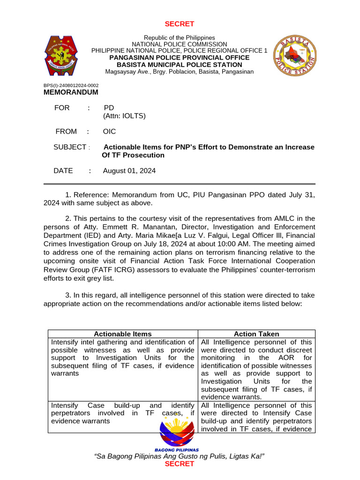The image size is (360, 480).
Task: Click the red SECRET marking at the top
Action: (180, 24)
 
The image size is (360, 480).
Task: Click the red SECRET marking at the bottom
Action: (180, 464)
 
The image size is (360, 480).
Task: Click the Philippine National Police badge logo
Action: (66, 55)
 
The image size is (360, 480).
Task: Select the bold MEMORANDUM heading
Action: (71, 92)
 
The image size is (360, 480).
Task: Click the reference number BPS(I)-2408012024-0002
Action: (71, 85)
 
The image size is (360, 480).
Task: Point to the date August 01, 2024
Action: (129, 171)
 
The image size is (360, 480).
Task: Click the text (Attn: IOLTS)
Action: (124, 116)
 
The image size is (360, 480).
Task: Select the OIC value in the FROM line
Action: (109, 131)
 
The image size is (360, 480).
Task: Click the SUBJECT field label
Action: (70, 147)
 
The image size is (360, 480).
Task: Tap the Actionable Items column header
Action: (123, 334)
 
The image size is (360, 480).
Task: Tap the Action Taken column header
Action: (256, 334)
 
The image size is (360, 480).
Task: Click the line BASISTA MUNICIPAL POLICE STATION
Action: (180, 64)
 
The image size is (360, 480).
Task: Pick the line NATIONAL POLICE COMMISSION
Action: (180, 44)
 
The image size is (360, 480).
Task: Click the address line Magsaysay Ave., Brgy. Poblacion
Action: (180, 72)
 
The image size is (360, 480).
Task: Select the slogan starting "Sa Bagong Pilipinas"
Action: (180, 456)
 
